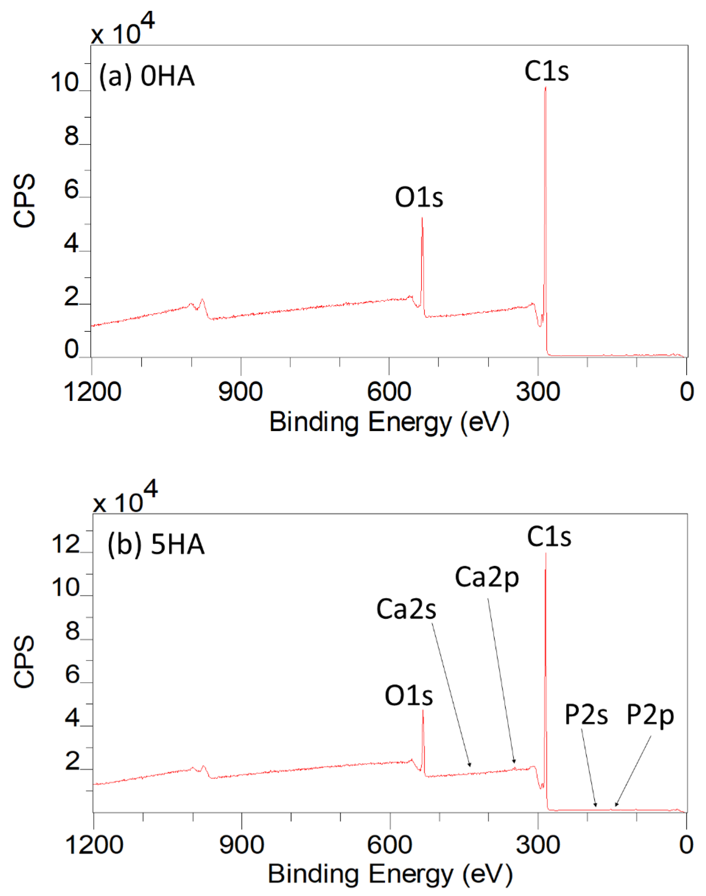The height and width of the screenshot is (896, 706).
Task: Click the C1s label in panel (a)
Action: point(546,71)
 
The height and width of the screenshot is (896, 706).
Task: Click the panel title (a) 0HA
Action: point(147,76)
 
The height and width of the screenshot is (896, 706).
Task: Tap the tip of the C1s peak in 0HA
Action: point(545,88)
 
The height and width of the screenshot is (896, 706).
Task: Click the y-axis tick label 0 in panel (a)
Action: point(71,349)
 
